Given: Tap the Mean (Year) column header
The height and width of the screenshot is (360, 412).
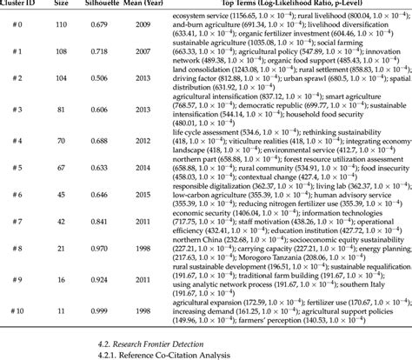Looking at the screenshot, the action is point(167,4).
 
